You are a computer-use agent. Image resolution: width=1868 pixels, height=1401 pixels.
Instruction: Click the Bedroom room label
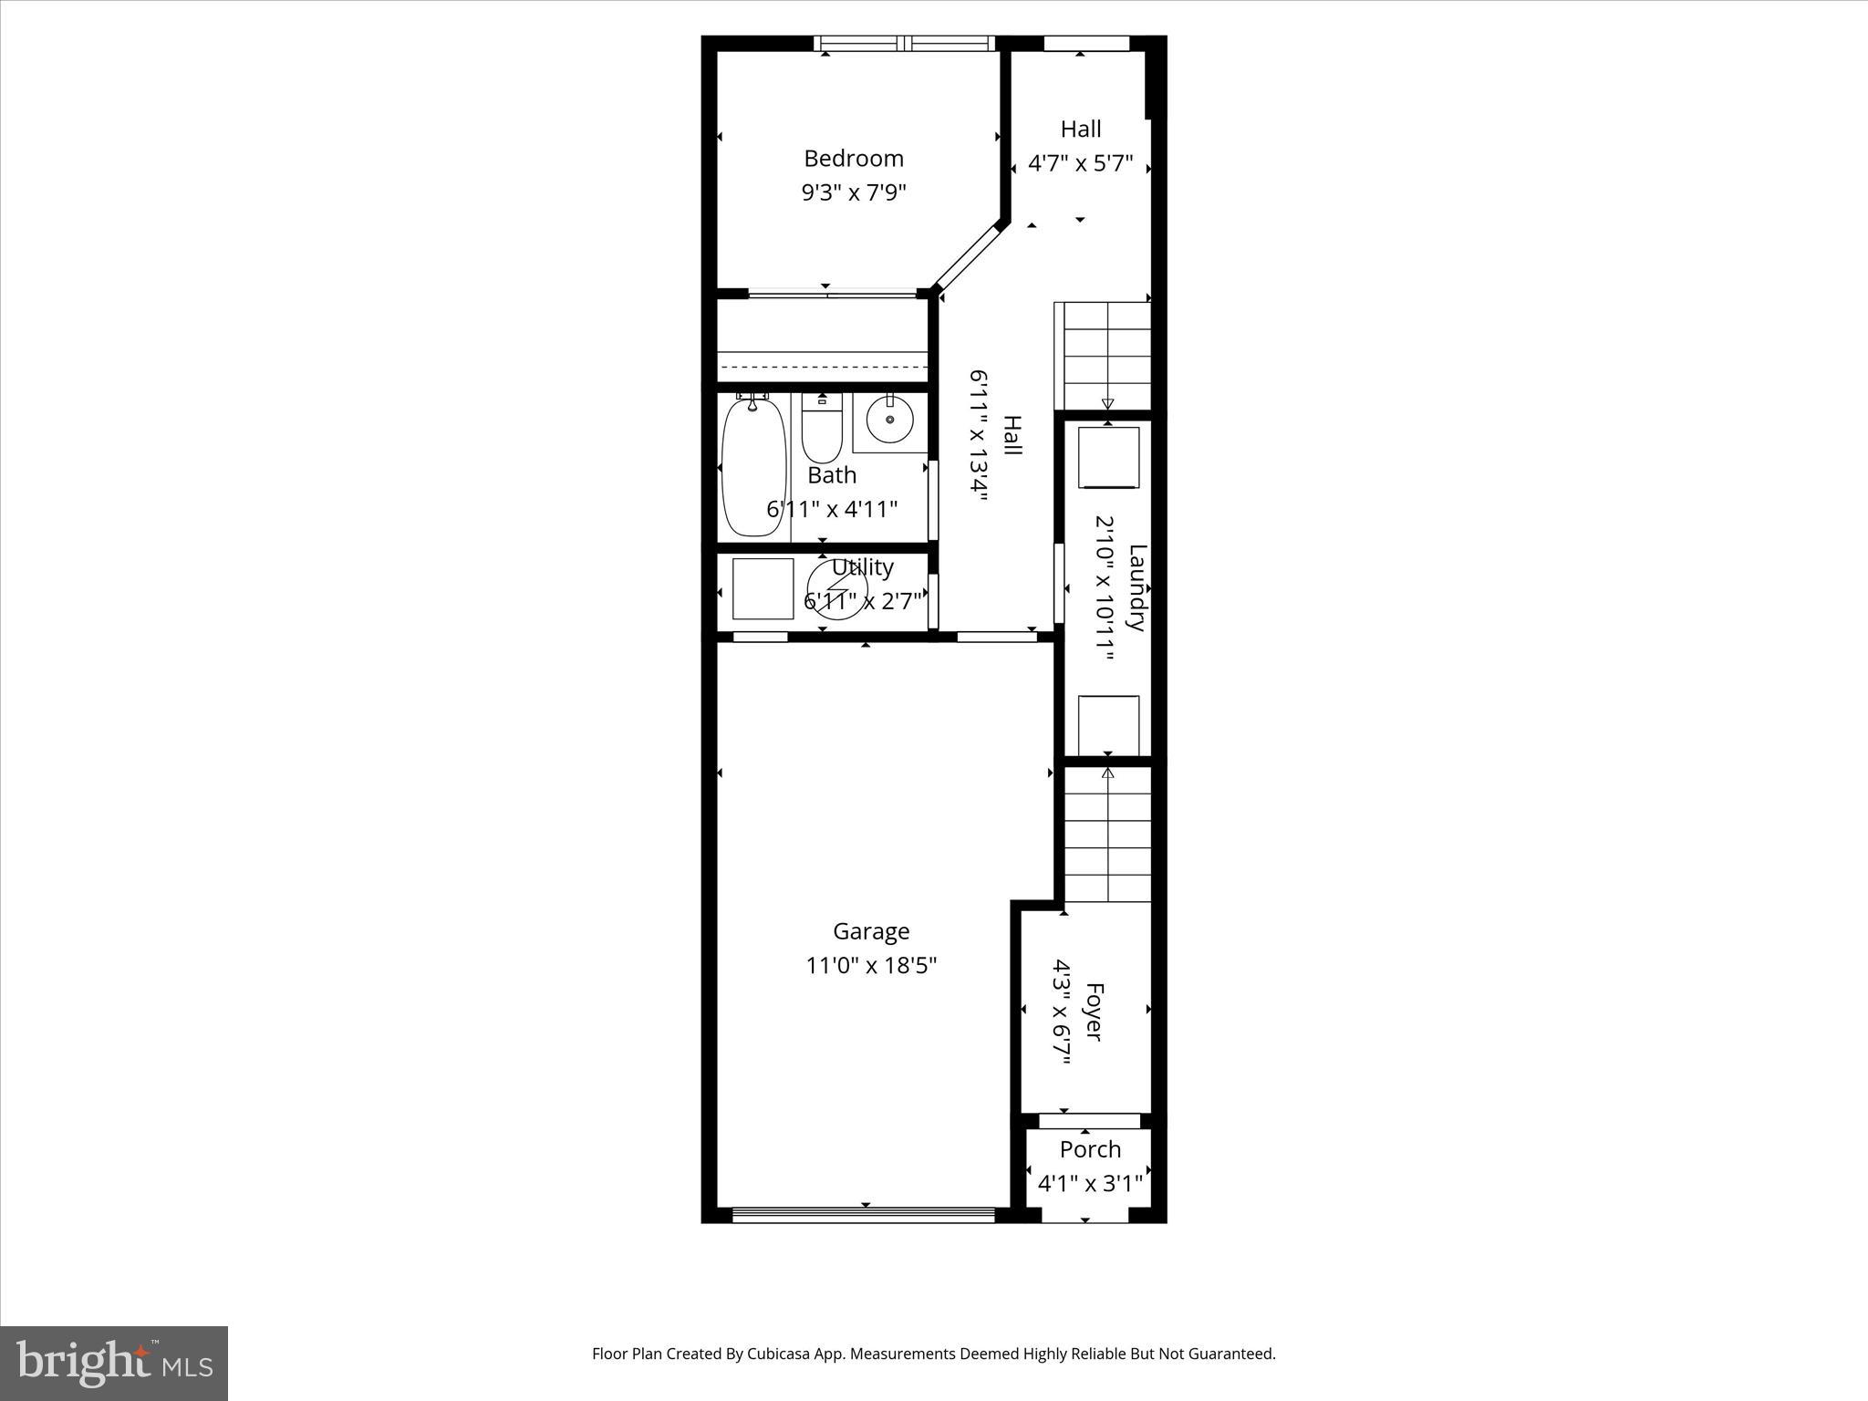[853, 159]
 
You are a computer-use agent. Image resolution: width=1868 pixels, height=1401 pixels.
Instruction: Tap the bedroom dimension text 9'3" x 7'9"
[853, 192]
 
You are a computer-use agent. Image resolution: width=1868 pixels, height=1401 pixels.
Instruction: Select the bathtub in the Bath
[753, 468]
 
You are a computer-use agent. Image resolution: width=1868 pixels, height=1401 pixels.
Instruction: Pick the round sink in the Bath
[889, 420]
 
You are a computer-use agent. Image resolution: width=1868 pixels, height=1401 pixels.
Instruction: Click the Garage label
[871, 931]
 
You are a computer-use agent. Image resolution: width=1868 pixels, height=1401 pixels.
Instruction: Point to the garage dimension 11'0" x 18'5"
[871, 965]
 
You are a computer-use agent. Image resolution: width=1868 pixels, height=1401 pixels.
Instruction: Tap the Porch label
[1090, 1149]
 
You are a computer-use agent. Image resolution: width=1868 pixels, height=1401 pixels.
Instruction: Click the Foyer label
[1094, 1012]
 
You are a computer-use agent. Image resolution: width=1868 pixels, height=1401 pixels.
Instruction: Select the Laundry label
[1136, 587]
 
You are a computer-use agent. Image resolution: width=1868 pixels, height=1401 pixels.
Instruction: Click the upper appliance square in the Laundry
[1108, 457]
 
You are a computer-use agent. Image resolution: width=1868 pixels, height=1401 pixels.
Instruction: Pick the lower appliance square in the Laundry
[1108, 724]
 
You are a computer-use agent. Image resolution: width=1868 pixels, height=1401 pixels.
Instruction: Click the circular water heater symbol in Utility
[837, 589]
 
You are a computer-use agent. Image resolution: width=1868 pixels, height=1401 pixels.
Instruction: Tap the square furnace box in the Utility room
[763, 589]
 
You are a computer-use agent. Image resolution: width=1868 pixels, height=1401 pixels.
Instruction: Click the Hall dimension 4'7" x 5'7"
[1080, 164]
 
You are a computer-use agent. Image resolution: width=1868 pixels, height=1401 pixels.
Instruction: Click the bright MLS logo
[114, 1363]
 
